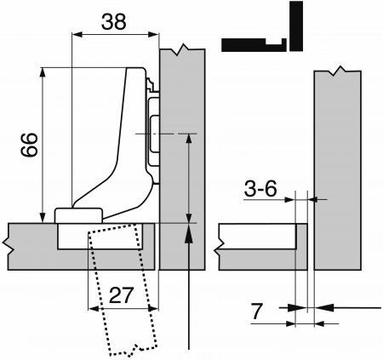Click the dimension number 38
pyautogui.click(x=113, y=22)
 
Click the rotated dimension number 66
pyautogui.click(x=29, y=145)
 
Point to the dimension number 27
pyautogui.click(x=121, y=295)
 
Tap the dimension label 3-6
pyautogui.click(x=260, y=189)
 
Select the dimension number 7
pyautogui.click(x=257, y=311)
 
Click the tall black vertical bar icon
pyautogui.click(x=296, y=26)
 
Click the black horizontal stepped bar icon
pyautogui.click(x=254, y=45)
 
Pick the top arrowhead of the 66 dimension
pyautogui.click(x=43, y=72)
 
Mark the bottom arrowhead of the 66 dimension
pyautogui.click(x=43, y=218)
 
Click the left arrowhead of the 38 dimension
pyautogui.click(x=77, y=35)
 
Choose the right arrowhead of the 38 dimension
pyautogui.click(x=153, y=35)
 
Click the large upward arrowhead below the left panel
pyautogui.click(x=189, y=233)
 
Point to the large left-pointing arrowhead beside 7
pyautogui.click(x=324, y=307)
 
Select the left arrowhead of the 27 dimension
pyautogui.click(x=93, y=308)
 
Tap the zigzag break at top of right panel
pyautogui.click(x=337, y=71)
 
